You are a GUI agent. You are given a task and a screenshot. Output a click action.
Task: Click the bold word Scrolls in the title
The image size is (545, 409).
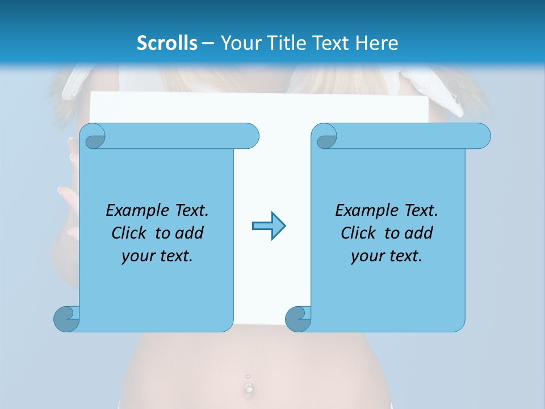pyautogui.click(x=167, y=43)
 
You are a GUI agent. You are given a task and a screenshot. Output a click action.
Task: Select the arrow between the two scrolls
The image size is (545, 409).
pyautogui.click(x=269, y=226)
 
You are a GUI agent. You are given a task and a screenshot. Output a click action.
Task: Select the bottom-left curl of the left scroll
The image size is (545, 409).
pyautogui.click(x=66, y=319)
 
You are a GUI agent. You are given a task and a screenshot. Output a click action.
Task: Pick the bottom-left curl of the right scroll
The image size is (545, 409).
pyautogui.click(x=297, y=319)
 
